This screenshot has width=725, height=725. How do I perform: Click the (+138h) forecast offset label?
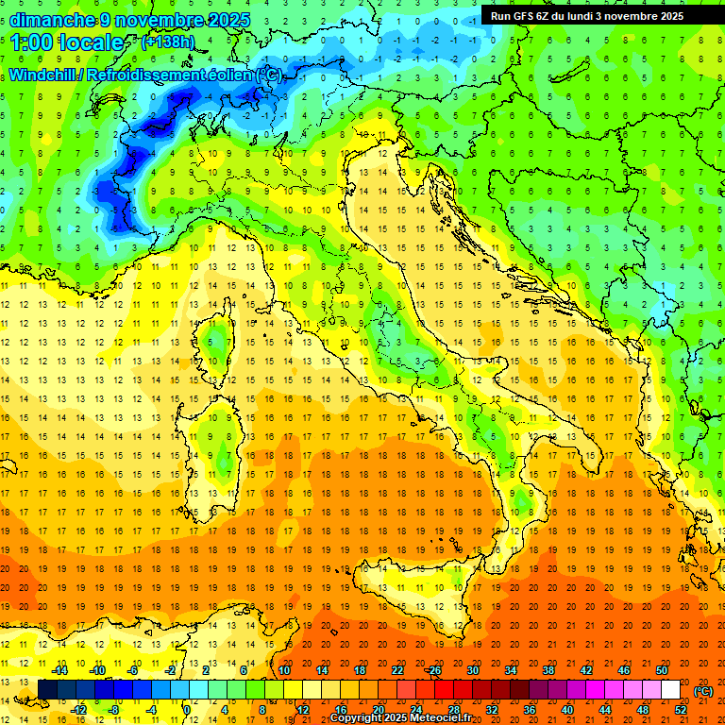click(x=168, y=42)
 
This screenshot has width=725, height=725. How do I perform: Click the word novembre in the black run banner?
click(x=638, y=16)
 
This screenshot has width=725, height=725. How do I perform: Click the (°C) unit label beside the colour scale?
click(x=703, y=691)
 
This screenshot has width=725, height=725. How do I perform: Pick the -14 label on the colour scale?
click(x=60, y=670)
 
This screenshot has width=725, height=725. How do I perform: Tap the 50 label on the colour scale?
click(x=661, y=670)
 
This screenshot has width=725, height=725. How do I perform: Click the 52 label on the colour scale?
click(x=680, y=709)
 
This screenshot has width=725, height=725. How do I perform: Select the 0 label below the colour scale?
click(x=187, y=709)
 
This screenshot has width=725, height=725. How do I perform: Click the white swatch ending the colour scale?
click(x=670, y=689)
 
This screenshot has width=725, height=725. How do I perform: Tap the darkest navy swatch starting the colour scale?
click(x=47, y=689)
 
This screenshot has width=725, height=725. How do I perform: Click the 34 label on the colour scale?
click(x=510, y=670)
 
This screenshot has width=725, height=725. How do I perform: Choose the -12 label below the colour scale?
click(x=79, y=709)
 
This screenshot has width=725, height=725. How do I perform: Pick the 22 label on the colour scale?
click(x=396, y=670)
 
